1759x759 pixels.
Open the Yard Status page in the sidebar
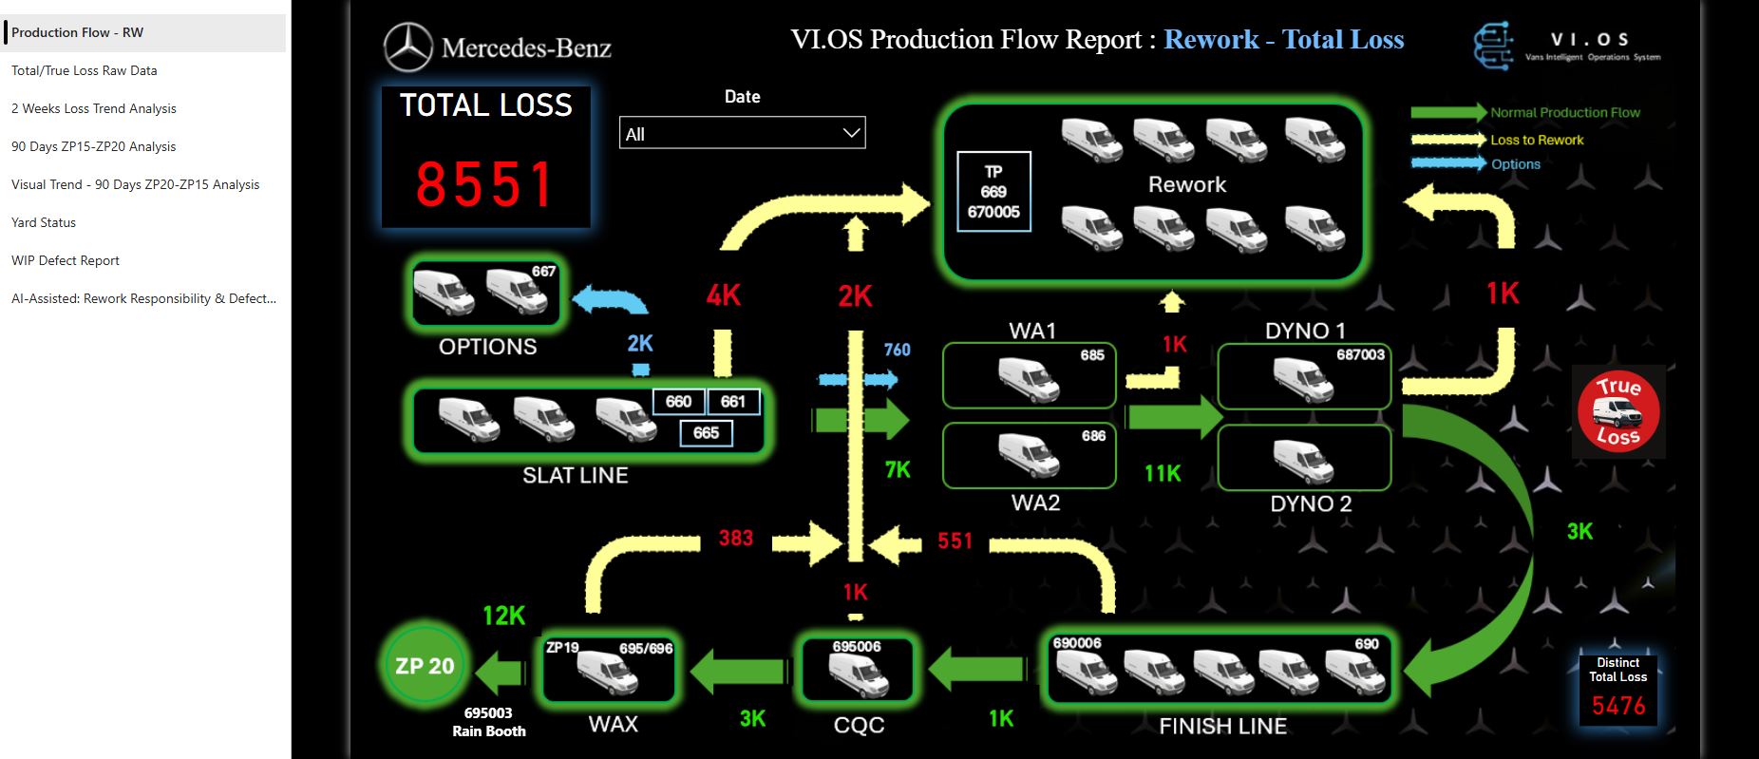(44, 222)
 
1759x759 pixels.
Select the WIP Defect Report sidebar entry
(66, 260)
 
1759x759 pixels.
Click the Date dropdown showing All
(742, 134)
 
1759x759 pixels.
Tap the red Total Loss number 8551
(485, 184)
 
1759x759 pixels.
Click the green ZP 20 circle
(425, 666)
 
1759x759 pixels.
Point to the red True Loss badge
(1618, 412)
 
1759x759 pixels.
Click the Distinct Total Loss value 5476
(1618, 705)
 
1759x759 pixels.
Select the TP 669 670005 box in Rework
(993, 192)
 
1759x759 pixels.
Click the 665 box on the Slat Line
(706, 433)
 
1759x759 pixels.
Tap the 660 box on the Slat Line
(678, 402)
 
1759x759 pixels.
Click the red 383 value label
(736, 539)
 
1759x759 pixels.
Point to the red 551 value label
(955, 541)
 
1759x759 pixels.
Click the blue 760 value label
(897, 350)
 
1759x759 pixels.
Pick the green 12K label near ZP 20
(503, 616)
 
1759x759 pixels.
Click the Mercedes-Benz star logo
(408, 47)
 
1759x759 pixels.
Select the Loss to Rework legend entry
(1537, 140)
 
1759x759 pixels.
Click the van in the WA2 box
(1028, 455)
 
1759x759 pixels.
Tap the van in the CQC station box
(858, 675)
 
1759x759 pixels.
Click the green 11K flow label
(1163, 473)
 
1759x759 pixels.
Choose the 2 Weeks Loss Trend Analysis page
(94, 108)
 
